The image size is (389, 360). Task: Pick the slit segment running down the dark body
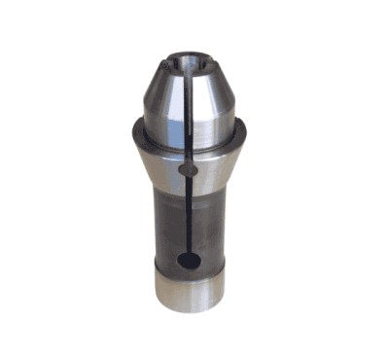pos(186,219)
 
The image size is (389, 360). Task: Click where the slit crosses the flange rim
pos(185,142)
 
